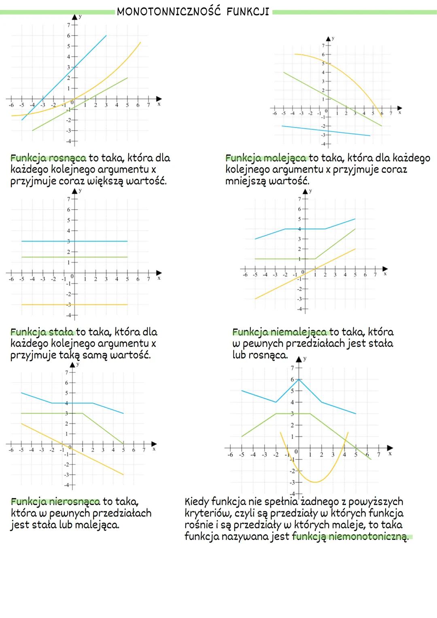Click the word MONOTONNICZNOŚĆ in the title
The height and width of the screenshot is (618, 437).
coord(168,12)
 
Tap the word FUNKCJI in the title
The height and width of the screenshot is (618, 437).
coord(248,12)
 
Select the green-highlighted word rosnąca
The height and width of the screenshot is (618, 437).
coord(67,158)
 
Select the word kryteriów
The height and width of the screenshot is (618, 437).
coord(208,514)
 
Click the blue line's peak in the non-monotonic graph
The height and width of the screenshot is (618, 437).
coord(299,379)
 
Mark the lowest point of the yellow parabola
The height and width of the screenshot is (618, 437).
coord(316,482)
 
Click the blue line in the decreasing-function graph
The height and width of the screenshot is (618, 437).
coord(326,131)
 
